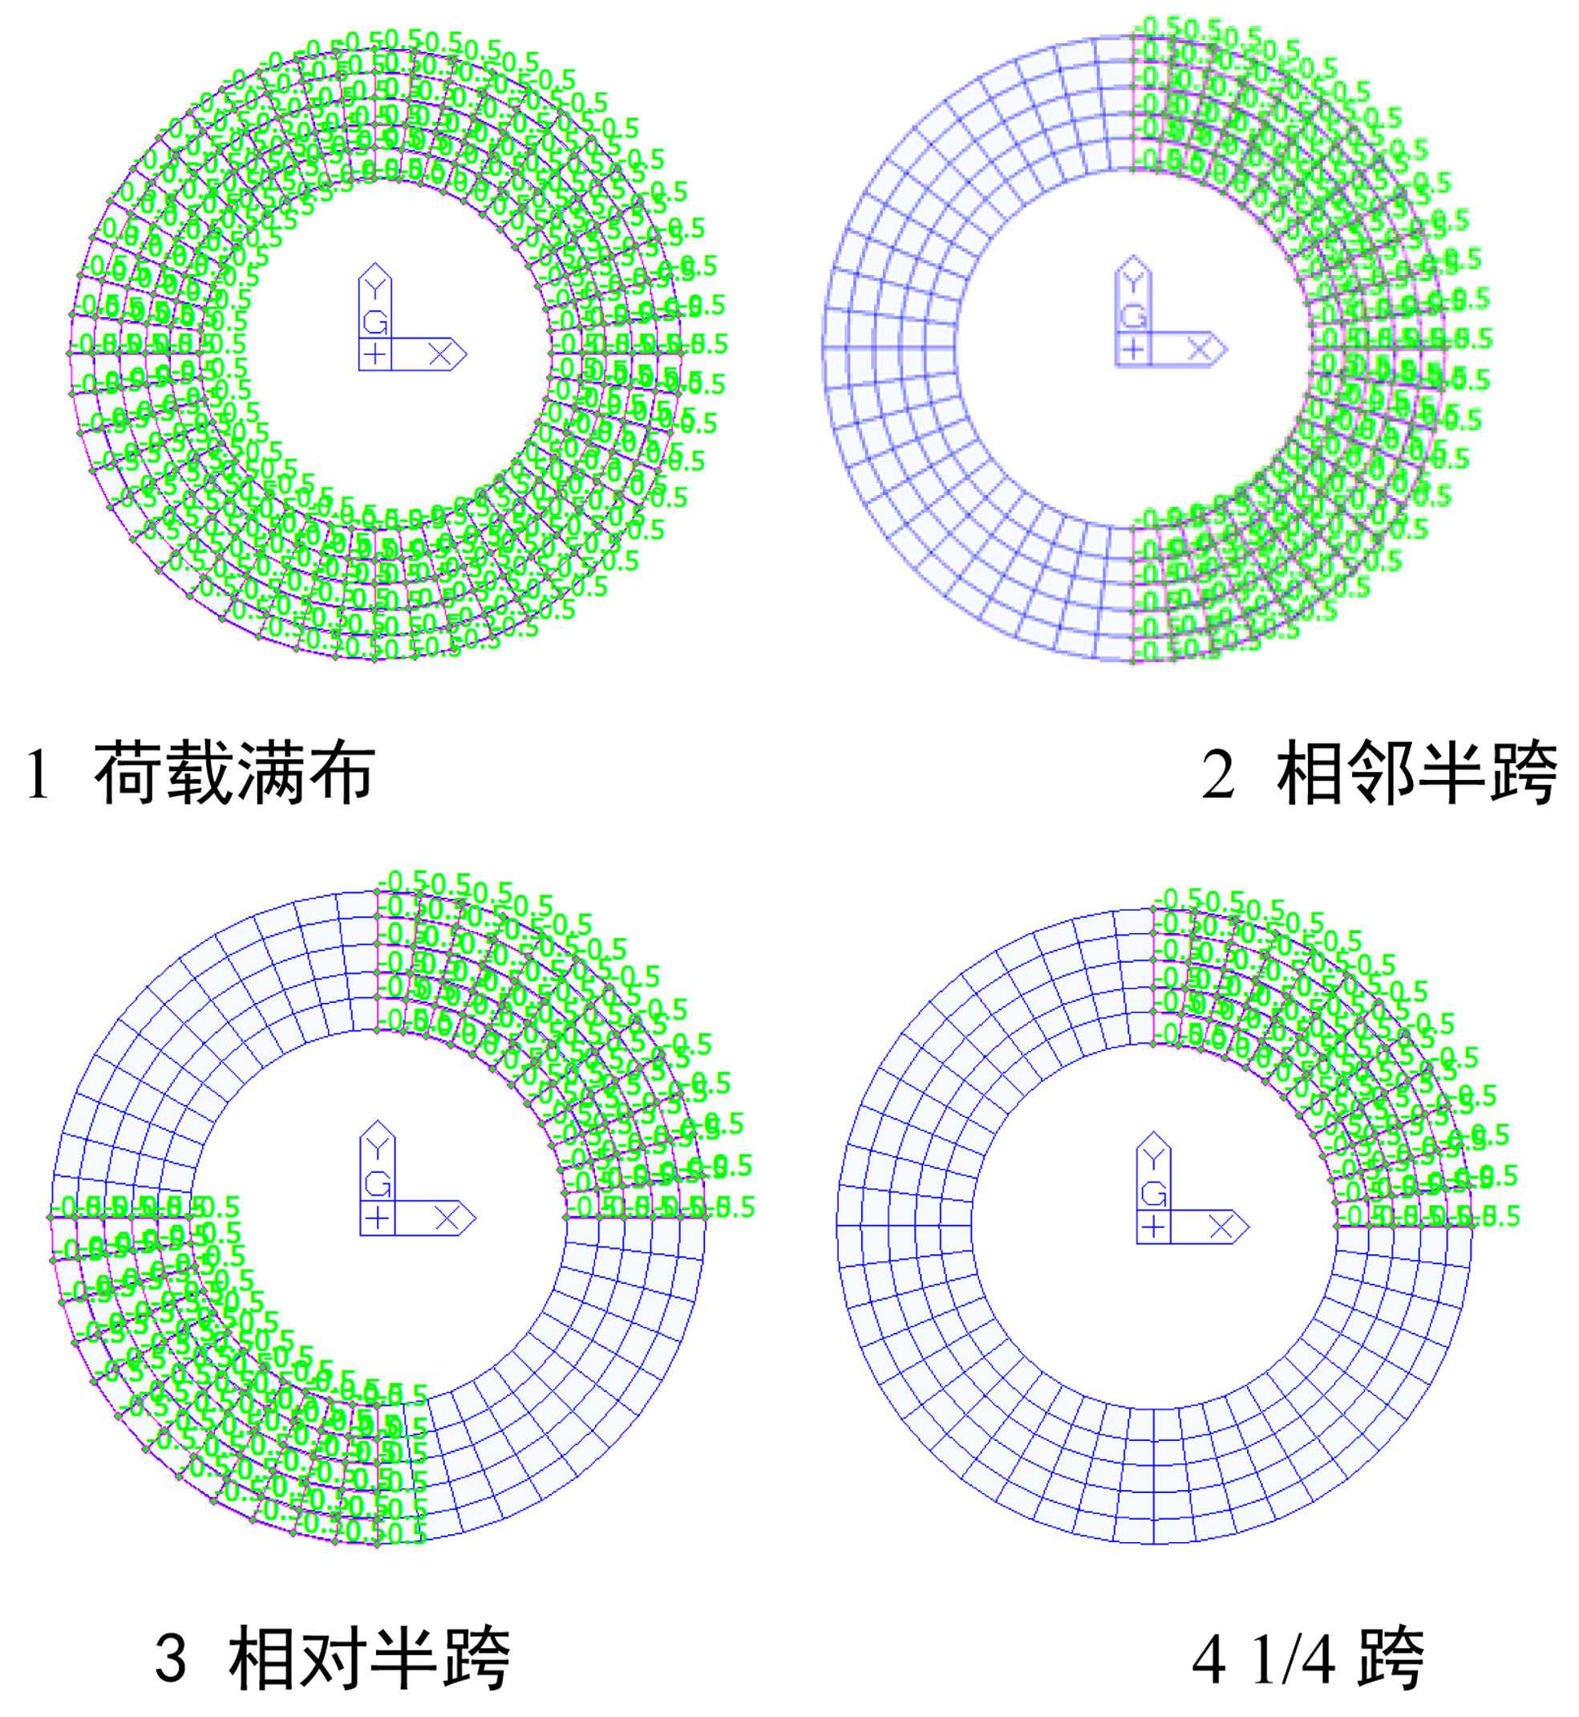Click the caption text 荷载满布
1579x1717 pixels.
click(234, 773)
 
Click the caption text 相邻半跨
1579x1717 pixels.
click(1415, 773)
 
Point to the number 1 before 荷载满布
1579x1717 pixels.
click(38, 775)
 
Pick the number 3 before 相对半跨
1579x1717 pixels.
click(171, 1660)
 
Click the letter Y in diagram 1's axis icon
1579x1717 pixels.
click(375, 288)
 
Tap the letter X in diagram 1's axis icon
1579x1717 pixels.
click(439, 354)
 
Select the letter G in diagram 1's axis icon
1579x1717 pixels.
click(375, 323)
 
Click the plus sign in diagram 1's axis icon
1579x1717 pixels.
click(375, 354)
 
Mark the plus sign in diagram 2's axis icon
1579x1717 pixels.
click(1133, 349)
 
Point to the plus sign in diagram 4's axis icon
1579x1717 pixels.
click(1153, 1228)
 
